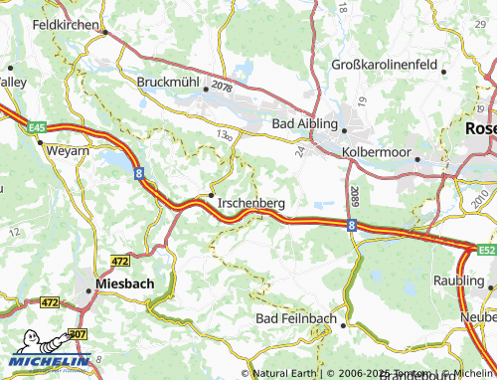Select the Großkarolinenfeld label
click(x=386, y=65)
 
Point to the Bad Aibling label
click(x=305, y=124)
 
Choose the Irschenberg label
click(x=250, y=202)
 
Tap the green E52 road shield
click(x=485, y=250)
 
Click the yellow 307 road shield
click(x=78, y=336)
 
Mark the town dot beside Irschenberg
click(x=211, y=194)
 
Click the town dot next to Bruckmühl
click(x=206, y=89)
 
